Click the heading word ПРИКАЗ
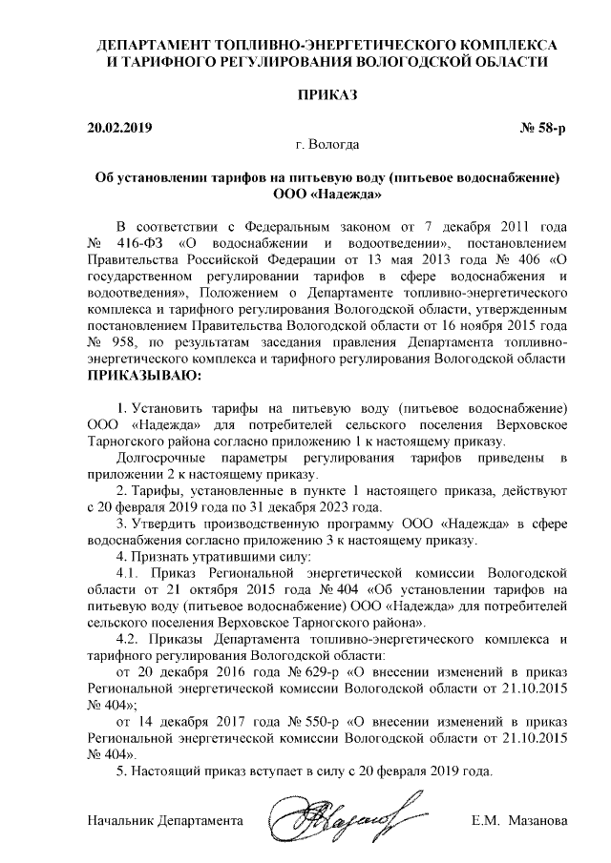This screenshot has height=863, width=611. click(326, 96)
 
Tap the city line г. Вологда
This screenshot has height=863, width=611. click(327, 146)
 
